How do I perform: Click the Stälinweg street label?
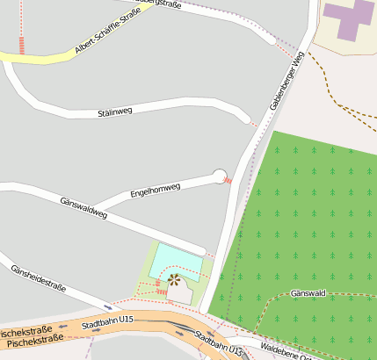[114, 113]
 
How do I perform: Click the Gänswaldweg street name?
[83, 207]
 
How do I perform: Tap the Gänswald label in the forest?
[308, 293]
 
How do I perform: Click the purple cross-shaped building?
[350, 18]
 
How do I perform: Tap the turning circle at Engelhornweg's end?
[220, 176]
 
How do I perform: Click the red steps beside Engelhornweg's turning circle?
[228, 180]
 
